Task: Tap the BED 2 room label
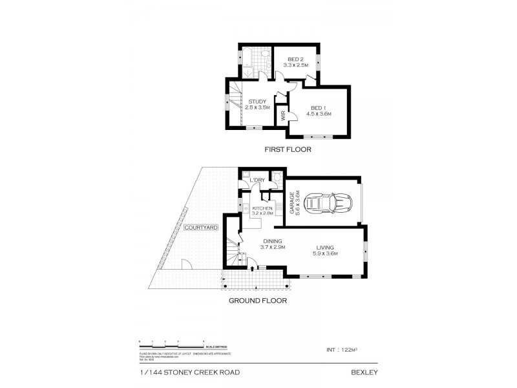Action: pos(297,59)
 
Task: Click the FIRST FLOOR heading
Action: pos(288,149)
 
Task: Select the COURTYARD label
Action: pos(200,228)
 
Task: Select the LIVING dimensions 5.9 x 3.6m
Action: pos(327,253)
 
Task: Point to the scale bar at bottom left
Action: pos(172,341)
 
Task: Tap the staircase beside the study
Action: pos(234,103)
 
